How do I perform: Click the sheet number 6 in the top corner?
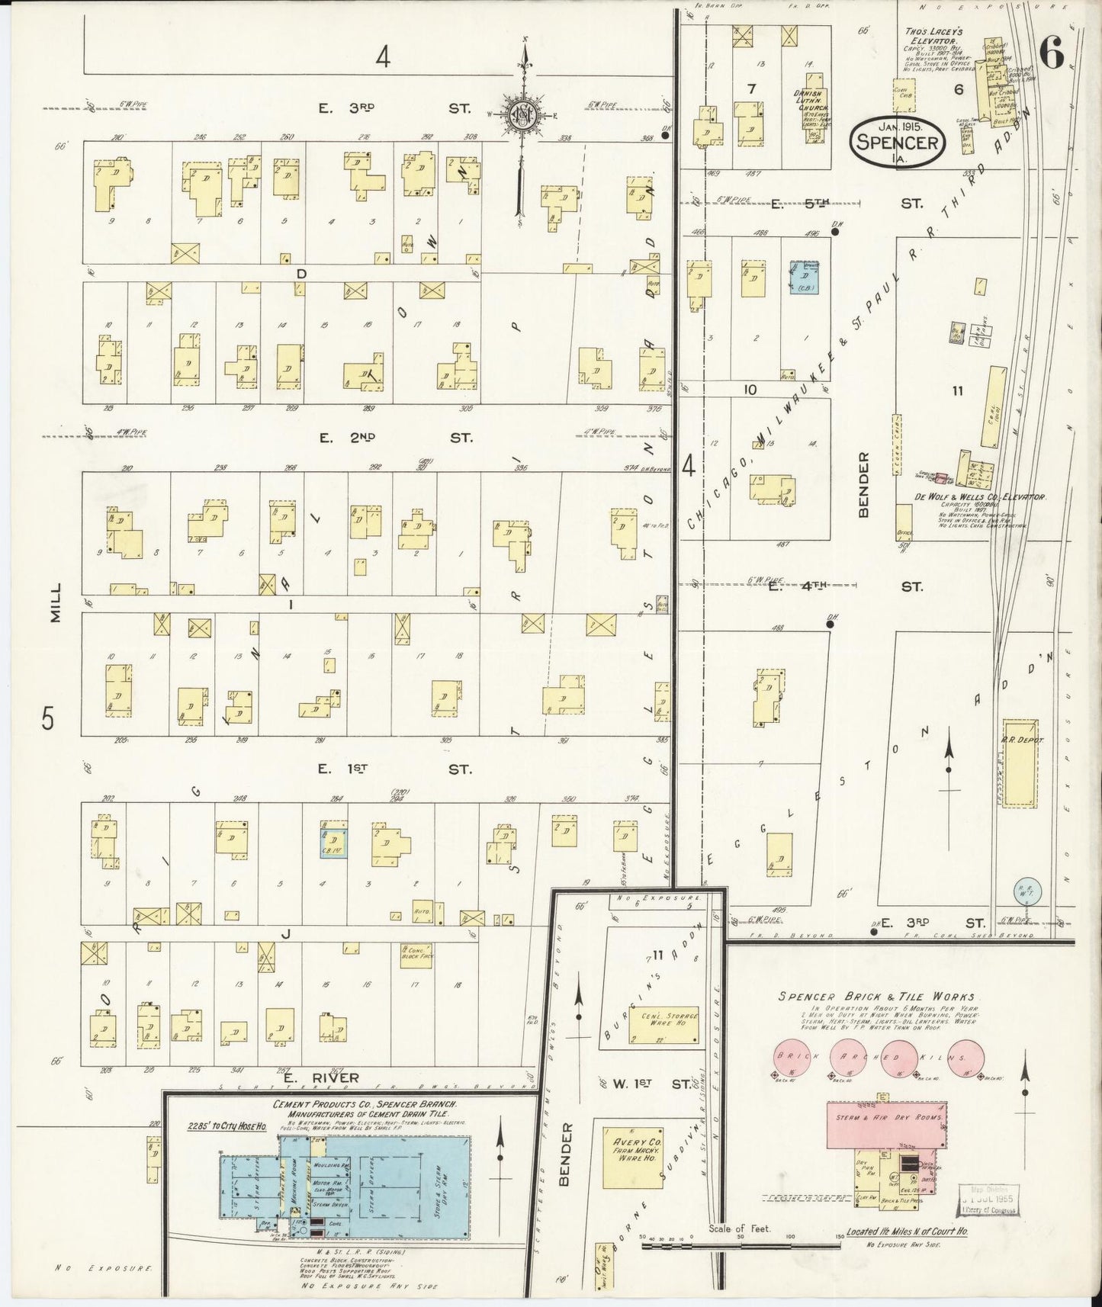pos(1052,54)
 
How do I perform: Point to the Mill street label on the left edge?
pos(54,605)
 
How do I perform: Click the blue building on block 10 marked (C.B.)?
pos(804,278)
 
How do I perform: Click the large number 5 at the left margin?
pos(48,718)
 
